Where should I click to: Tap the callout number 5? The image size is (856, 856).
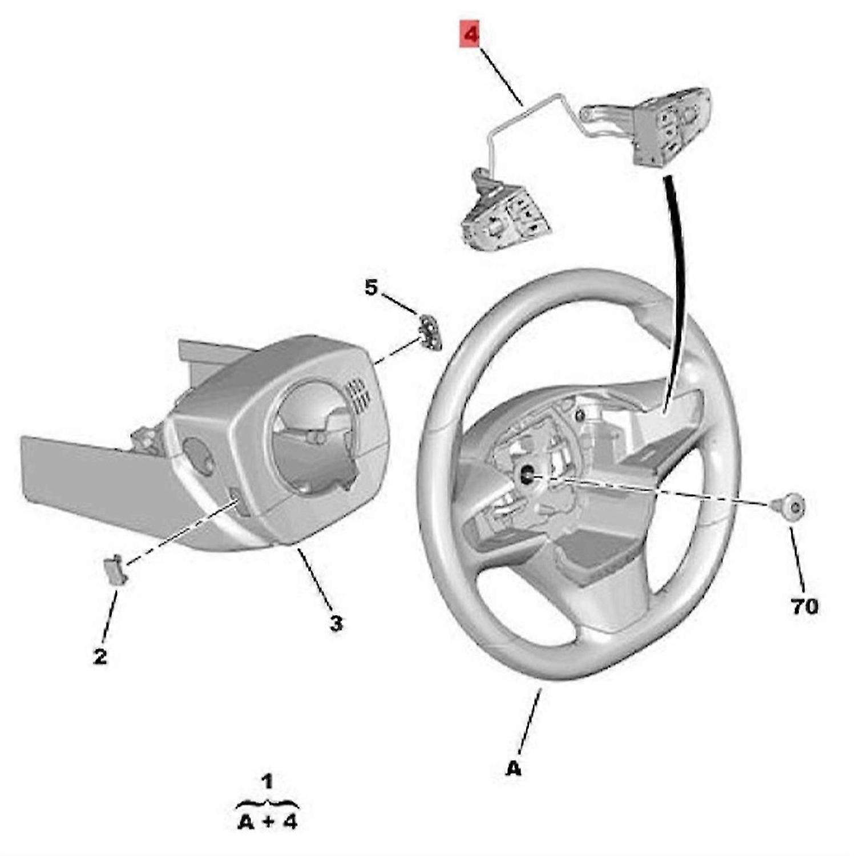371,288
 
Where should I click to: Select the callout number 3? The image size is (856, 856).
337,623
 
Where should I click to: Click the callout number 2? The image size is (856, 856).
100,657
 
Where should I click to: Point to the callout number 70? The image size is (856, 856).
805,606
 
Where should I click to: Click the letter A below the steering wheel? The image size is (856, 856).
514,769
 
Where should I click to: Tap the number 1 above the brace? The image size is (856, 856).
267,781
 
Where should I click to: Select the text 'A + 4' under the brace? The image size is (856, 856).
267,822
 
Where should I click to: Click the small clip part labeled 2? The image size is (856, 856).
115,569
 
